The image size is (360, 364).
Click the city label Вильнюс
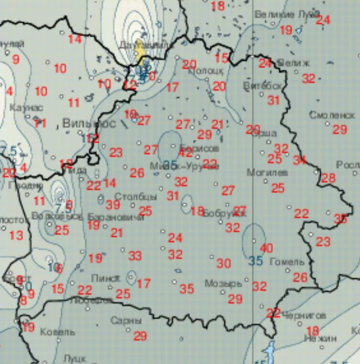[89, 123]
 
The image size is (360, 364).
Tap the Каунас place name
[26, 107]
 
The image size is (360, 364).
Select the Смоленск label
[332, 115]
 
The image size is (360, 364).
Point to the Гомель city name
[286, 261]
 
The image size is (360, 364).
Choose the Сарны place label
[126, 321]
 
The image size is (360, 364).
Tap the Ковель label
[58, 332]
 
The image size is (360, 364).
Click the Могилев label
[267, 173]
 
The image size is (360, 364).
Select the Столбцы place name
[135, 197]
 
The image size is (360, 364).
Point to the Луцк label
[74, 358]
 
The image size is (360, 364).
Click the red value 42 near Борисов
[185, 152]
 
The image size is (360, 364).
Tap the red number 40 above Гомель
[267, 248]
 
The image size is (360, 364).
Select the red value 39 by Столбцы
[113, 205]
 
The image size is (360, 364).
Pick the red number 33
[135, 256]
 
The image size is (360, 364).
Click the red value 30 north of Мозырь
[223, 264]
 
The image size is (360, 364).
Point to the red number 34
[299, 160]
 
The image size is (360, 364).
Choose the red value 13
[16, 235]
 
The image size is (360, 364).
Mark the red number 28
[328, 178]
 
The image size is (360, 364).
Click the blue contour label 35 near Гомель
[255, 261]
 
